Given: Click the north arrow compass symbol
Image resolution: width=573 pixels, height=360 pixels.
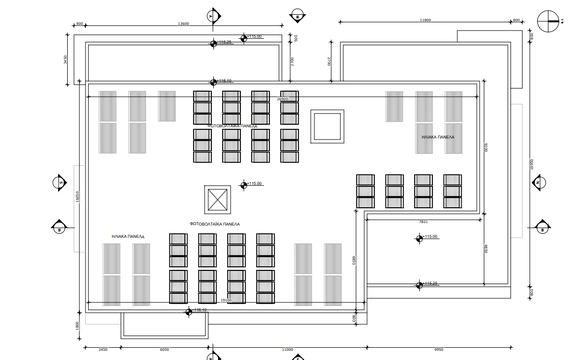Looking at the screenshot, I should click(x=549, y=21).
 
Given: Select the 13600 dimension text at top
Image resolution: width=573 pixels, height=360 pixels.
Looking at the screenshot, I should click(x=183, y=23).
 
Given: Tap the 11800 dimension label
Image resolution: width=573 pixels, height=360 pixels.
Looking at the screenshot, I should click(x=425, y=20).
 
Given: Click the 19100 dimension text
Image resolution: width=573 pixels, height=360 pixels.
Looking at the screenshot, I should click(x=226, y=300).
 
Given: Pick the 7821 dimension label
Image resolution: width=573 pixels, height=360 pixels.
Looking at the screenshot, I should click(x=423, y=222).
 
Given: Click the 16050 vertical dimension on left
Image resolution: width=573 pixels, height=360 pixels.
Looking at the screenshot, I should click(x=78, y=197).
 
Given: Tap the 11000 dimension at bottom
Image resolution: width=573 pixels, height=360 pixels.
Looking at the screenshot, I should click(x=287, y=350).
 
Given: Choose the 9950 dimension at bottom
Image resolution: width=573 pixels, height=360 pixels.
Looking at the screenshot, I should click(x=439, y=350).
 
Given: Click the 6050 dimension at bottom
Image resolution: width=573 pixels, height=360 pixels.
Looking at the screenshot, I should click(x=165, y=350).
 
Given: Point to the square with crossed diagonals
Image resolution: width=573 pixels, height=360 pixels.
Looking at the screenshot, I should click(x=217, y=200).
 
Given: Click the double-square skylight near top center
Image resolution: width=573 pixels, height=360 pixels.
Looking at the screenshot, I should click(x=326, y=126).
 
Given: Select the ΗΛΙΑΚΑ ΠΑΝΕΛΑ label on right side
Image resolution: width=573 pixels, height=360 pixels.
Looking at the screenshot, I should click(x=438, y=137).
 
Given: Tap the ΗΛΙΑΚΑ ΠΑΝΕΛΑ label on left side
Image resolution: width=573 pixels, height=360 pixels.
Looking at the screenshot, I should click(x=128, y=236).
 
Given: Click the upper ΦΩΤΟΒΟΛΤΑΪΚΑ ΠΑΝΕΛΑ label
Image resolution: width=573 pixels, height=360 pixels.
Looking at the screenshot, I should click(x=232, y=125).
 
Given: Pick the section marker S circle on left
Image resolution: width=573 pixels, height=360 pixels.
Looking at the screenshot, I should click(x=60, y=182).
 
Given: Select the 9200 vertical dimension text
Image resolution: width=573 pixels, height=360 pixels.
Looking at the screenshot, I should click(x=486, y=148).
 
